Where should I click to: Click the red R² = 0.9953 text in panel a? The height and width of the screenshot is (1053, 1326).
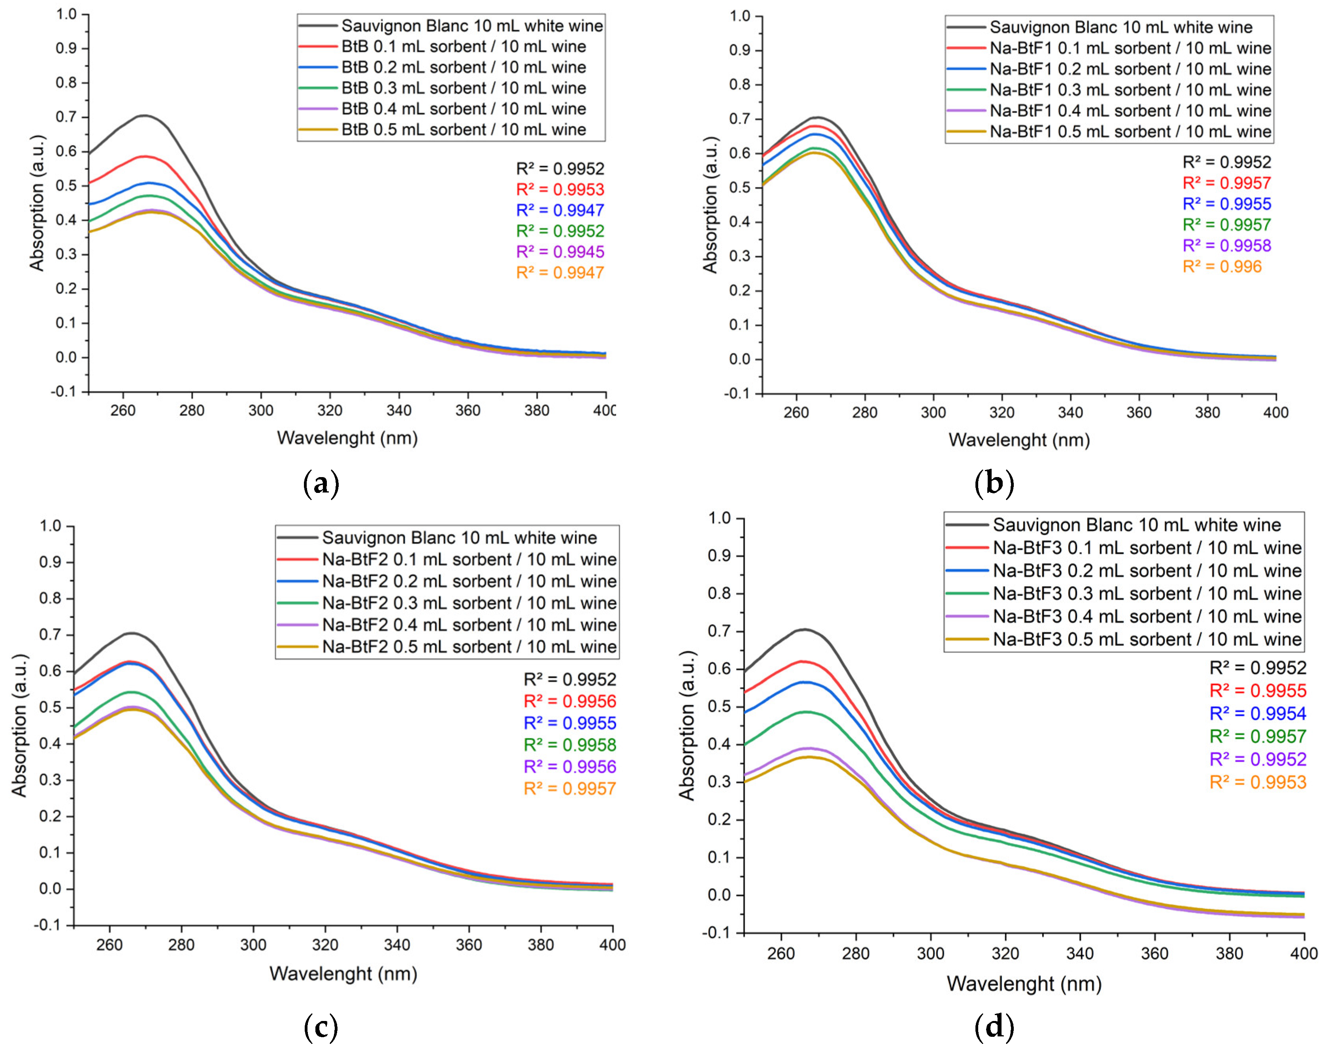point(560,189)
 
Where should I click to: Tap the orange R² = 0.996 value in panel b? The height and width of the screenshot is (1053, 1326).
point(1221,266)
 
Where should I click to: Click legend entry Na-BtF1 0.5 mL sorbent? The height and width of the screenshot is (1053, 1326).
point(1130,132)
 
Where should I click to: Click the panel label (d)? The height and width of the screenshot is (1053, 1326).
point(994,1026)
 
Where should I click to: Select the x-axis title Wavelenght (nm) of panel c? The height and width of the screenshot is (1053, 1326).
point(343,974)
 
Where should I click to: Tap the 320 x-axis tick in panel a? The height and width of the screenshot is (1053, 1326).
point(330,410)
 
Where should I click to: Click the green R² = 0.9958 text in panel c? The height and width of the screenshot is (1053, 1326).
point(570,745)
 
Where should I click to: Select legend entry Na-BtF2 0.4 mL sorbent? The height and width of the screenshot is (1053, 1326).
point(469,625)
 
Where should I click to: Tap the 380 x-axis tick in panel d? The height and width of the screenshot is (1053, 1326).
point(1230,953)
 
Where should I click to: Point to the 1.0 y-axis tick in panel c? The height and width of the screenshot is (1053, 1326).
point(51,526)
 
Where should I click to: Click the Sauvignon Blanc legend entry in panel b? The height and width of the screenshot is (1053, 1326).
point(1120,27)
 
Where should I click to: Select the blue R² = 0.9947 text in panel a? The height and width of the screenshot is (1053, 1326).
point(560,210)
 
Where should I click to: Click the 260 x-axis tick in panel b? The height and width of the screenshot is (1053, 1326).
point(796,412)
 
